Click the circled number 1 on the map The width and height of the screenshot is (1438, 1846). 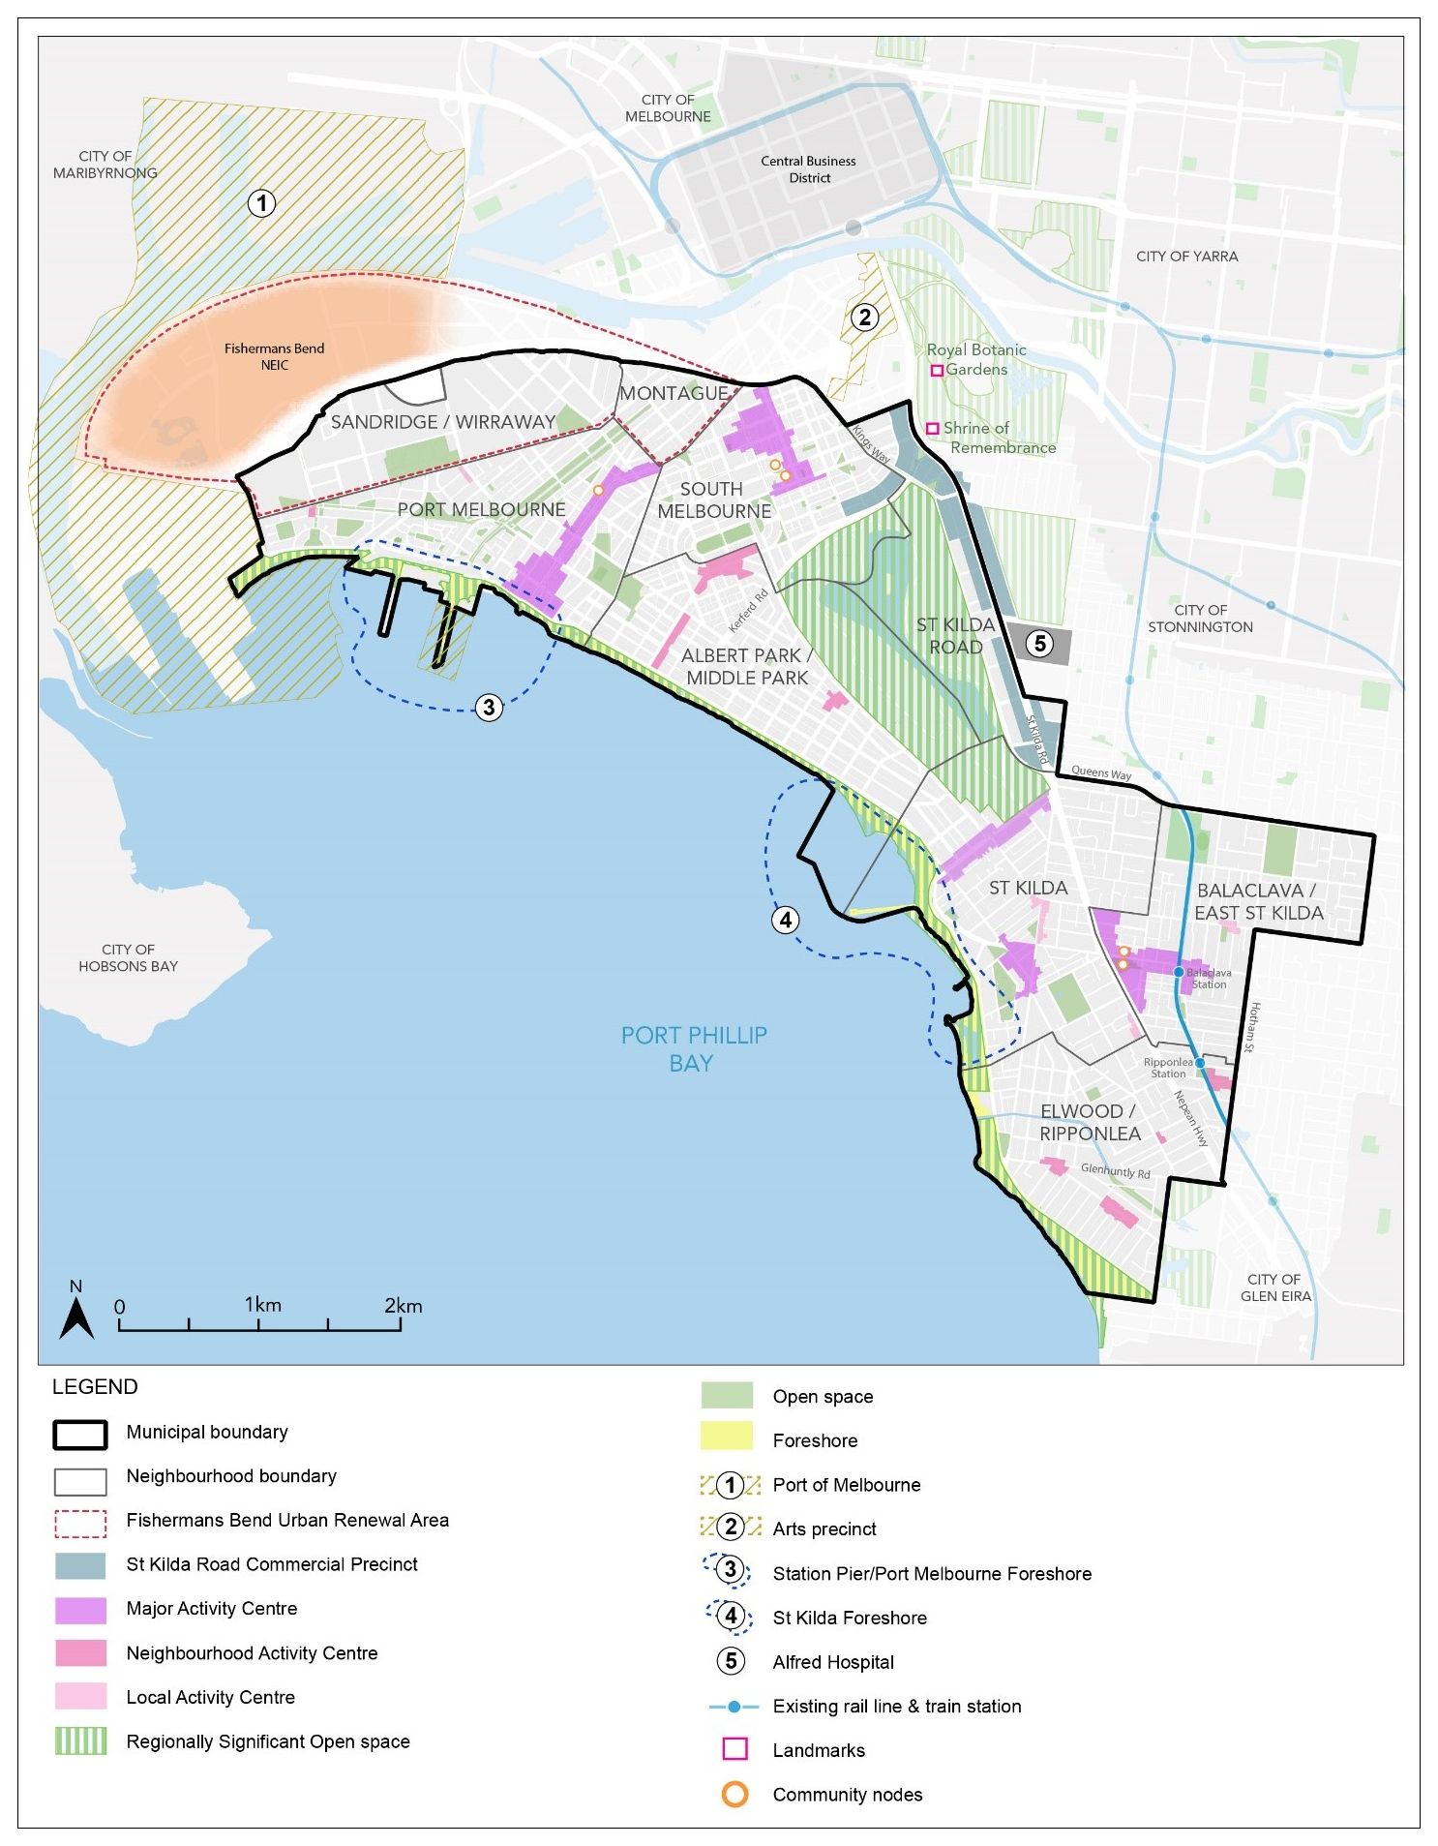[261, 203]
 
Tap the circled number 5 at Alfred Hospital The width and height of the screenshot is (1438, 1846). [1038, 644]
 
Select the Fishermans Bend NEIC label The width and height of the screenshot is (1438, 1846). [274, 356]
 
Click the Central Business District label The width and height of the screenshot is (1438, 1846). [808, 169]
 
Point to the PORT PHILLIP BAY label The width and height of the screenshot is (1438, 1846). [693, 1049]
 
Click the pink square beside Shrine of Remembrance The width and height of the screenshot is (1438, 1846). [933, 428]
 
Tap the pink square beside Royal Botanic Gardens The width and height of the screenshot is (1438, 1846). [937, 371]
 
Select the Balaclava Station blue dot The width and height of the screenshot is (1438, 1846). [1178, 972]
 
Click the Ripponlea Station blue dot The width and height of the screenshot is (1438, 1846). [1200, 1063]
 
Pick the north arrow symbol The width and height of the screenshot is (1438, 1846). [76, 1318]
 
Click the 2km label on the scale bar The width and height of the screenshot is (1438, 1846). [403, 1305]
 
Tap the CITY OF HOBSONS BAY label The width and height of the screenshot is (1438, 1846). [128, 957]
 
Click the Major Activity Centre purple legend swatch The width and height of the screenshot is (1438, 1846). [80, 1609]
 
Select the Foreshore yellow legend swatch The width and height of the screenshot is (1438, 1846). [726, 1437]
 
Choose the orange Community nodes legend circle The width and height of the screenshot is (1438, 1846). [734, 1795]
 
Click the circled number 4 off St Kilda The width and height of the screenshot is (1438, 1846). [785, 920]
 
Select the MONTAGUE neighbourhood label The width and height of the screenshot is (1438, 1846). [674, 393]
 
